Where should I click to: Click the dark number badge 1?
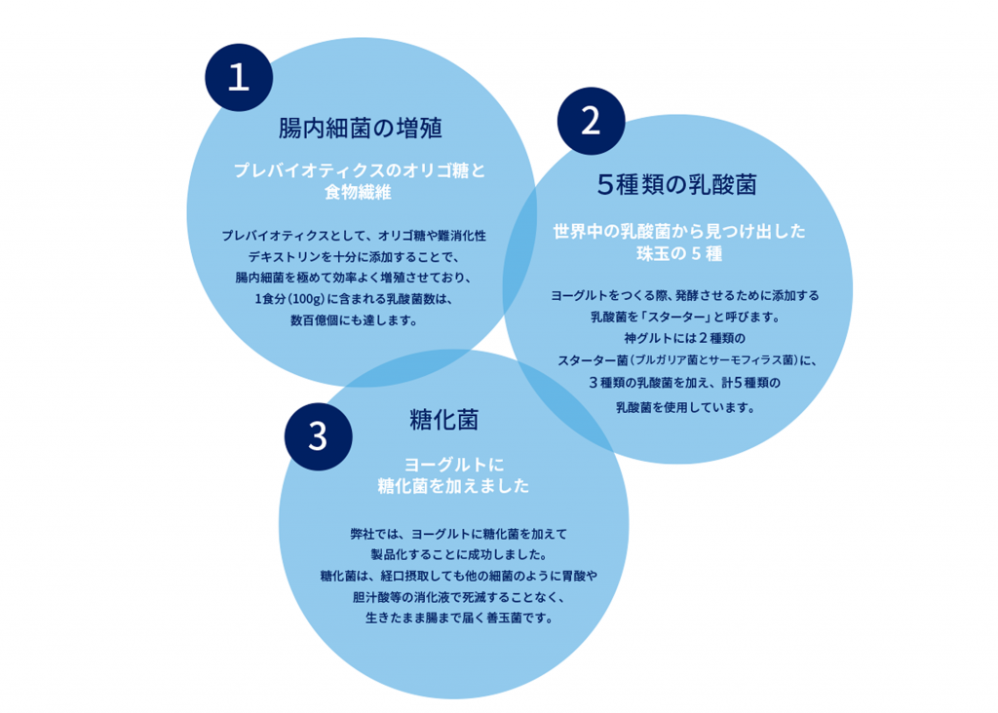[x=239, y=78]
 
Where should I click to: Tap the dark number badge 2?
[x=591, y=121]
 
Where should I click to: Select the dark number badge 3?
[x=319, y=437]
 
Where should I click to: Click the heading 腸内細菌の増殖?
[x=361, y=128]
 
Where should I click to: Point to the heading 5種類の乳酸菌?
[x=677, y=184]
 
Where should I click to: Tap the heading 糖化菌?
[x=444, y=420]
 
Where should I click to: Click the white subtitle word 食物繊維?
[x=359, y=192]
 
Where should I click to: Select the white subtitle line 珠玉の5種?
[x=679, y=254]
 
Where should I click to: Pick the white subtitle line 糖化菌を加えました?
[x=454, y=486]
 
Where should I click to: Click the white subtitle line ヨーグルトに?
[x=454, y=465]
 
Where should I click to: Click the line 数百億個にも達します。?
[x=354, y=320]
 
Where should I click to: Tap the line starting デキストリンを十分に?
[x=354, y=257]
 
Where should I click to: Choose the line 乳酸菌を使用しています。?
[x=685, y=407]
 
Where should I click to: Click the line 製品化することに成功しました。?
[x=459, y=554]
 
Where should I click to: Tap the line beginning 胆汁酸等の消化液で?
[x=459, y=597]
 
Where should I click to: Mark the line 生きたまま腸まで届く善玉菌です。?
[x=459, y=619]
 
